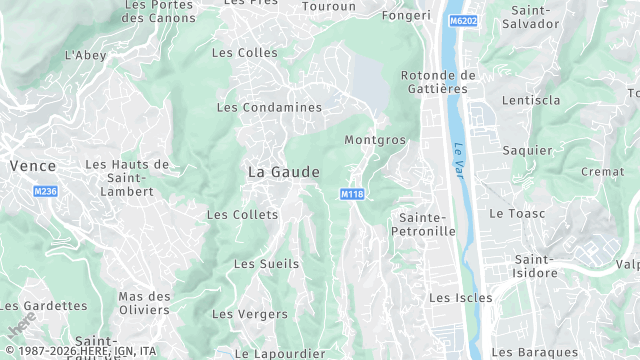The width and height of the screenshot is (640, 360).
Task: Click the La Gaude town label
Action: (284, 172)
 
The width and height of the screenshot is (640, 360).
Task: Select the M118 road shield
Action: (350, 194)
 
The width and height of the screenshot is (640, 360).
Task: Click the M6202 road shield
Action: (462, 20)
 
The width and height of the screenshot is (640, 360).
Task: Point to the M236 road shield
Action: (45, 191)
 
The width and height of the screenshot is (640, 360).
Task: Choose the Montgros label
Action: (375, 140)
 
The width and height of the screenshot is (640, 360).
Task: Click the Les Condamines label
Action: (269, 107)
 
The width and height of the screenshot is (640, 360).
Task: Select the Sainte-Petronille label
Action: (427, 224)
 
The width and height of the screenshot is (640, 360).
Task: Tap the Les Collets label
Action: (235, 215)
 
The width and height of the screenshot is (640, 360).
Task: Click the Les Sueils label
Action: (260, 264)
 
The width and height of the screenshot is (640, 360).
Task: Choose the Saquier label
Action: (529, 150)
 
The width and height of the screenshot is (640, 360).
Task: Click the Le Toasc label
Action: (514, 214)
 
